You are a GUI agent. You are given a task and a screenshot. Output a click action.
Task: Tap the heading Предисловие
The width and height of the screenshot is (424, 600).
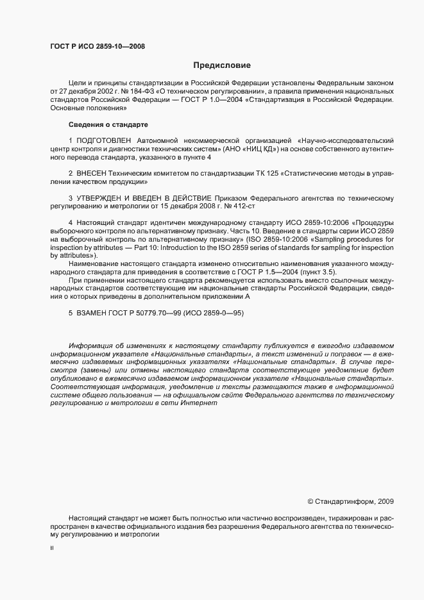[x=222, y=65]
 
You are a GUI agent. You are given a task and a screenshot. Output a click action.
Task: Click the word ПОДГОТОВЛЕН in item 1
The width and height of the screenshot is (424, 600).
[x=104, y=140]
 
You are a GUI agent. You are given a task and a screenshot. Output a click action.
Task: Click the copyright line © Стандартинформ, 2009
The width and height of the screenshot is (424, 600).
[x=351, y=501]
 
